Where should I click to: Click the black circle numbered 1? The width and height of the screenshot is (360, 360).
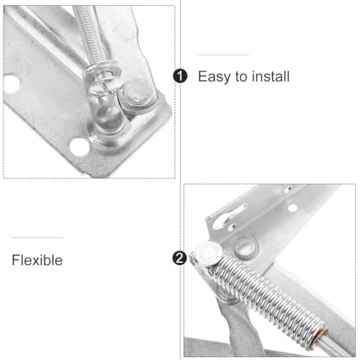pyautogui.click(x=180, y=76)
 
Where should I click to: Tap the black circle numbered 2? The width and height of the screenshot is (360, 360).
pyautogui.click(x=180, y=258)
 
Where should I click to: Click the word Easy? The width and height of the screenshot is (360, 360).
pyautogui.click(x=215, y=76)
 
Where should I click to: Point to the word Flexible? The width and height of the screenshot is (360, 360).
pyautogui.click(x=37, y=260)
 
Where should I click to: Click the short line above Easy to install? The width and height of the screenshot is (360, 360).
pyautogui.click(x=223, y=55)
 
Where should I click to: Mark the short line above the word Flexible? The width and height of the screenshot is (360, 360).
pyautogui.click(x=37, y=238)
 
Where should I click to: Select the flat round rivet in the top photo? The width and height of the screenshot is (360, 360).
pyautogui.click(x=138, y=93)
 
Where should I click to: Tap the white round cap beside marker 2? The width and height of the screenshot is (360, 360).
pyautogui.click(x=207, y=253)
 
